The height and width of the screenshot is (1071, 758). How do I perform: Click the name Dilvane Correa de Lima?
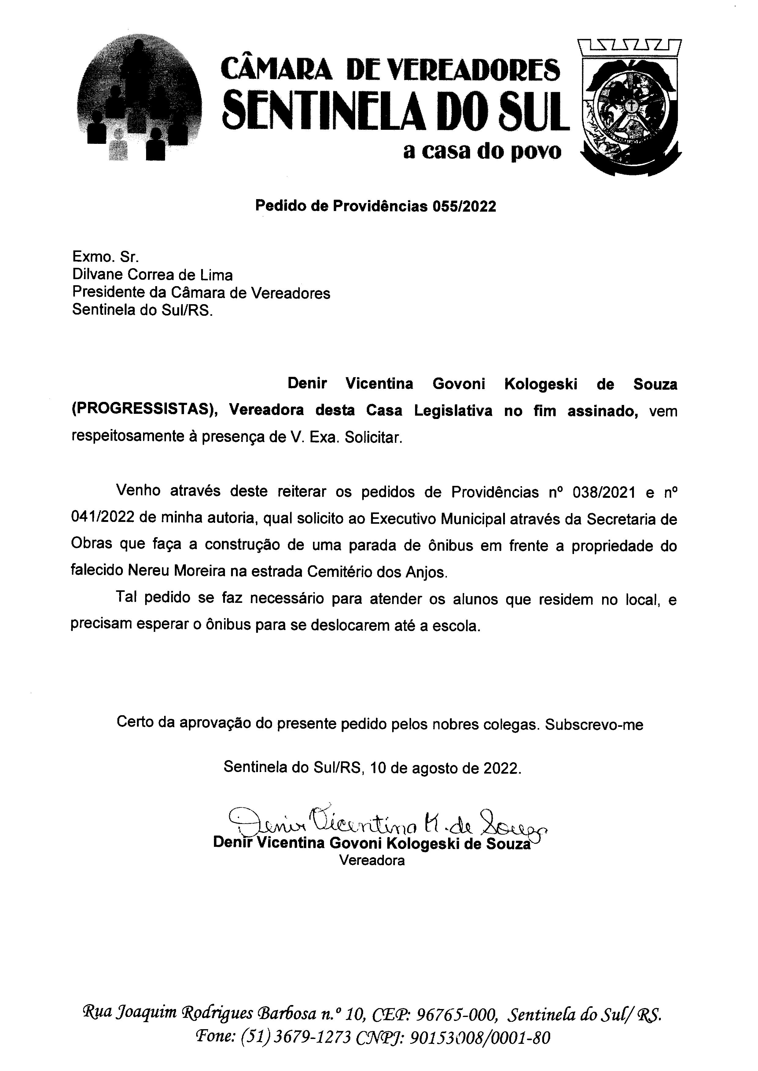pyautogui.click(x=152, y=275)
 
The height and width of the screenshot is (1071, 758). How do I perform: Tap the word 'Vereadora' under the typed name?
pyautogui.click(x=372, y=861)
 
